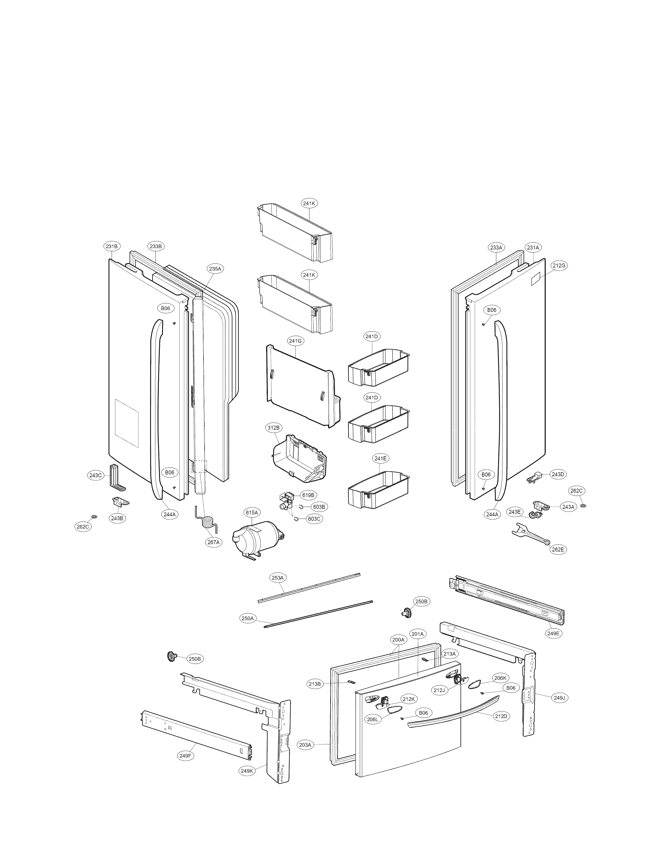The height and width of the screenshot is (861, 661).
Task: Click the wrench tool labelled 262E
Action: click(x=530, y=534)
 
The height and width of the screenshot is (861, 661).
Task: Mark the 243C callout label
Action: click(x=95, y=475)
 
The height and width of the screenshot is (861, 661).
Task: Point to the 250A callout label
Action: click(x=247, y=619)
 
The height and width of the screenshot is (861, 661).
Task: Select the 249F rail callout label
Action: click(x=186, y=756)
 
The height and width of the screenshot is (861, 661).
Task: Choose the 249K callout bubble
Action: click(x=247, y=782)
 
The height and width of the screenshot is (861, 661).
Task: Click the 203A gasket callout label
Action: click(x=305, y=744)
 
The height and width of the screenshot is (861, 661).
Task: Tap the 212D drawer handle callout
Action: click(x=501, y=716)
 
